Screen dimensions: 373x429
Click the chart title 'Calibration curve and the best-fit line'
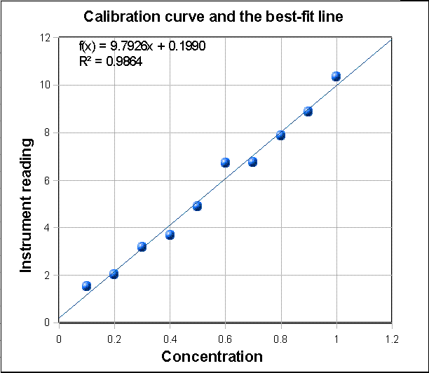[214, 16]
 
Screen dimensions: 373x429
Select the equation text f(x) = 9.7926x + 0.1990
[142, 46]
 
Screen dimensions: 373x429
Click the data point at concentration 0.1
[86, 285]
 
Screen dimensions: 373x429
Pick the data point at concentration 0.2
[114, 273]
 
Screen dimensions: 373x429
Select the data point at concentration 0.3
[142, 246]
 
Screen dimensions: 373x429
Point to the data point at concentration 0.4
[170, 234]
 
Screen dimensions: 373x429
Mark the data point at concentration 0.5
[197, 205]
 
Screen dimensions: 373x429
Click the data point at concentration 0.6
[225, 162]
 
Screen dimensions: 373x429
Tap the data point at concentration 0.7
[252, 161]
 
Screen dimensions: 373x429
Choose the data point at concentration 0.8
[280, 135]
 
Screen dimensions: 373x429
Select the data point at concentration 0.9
[308, 111]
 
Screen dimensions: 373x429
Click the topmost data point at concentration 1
[336, 76]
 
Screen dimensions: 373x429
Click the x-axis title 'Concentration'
[212, 356]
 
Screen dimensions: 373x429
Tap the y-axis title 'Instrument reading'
[27, 205]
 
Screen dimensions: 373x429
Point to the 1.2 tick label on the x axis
[391, 338]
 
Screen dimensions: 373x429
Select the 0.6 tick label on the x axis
[225, 338]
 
